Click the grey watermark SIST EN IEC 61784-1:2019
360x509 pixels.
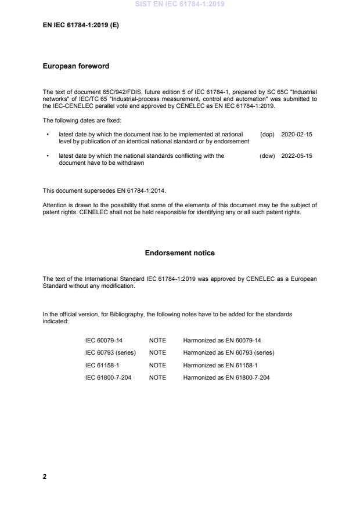pos(179,4)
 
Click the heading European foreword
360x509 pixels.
pos(76,67)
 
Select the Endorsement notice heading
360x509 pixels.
pos(179,253)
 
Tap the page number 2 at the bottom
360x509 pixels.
pos(45,476)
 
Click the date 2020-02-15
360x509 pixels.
pos(297,134)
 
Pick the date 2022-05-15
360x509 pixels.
pos(297,156)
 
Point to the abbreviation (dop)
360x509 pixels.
pos(267,134)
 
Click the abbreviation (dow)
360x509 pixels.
pos(267,156)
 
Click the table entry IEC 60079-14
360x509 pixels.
pos(104,340)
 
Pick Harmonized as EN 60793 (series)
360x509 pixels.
pos(229,352)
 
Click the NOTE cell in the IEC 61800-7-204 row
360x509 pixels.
pos(157,377)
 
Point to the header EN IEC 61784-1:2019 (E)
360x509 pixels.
pos(81,26)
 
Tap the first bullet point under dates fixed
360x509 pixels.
pos(47,134)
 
